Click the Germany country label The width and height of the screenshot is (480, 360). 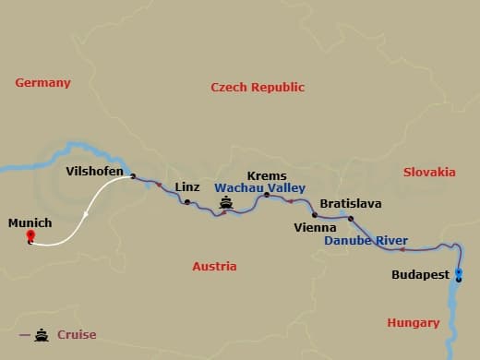click(x=42, y=83)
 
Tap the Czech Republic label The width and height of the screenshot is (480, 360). click(x=258, y=88)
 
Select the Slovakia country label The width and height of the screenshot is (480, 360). click(x=429, y=172)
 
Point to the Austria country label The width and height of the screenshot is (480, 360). click(x=214, y=266)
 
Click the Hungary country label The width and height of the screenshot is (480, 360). click(x=413, y=322)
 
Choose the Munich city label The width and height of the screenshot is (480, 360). click(x=30, y=223)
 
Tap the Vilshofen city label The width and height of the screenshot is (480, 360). click(x=95, y=171)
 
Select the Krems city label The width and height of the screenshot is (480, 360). click(x=267, y=176)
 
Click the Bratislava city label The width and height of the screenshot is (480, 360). click(x=350, y=203)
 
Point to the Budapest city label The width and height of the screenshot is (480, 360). click(x=420, y=275)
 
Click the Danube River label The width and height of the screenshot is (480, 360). click(x=366, y=241)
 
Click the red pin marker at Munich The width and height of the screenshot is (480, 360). click(x=30, y=237)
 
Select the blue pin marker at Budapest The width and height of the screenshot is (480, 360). click(x=458, y=273)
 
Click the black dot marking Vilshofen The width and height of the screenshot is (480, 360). click(x=133, y=175)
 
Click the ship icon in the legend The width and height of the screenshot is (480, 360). click(x=42, y=335)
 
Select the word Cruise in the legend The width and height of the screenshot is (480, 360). click(x=77, y=335)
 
